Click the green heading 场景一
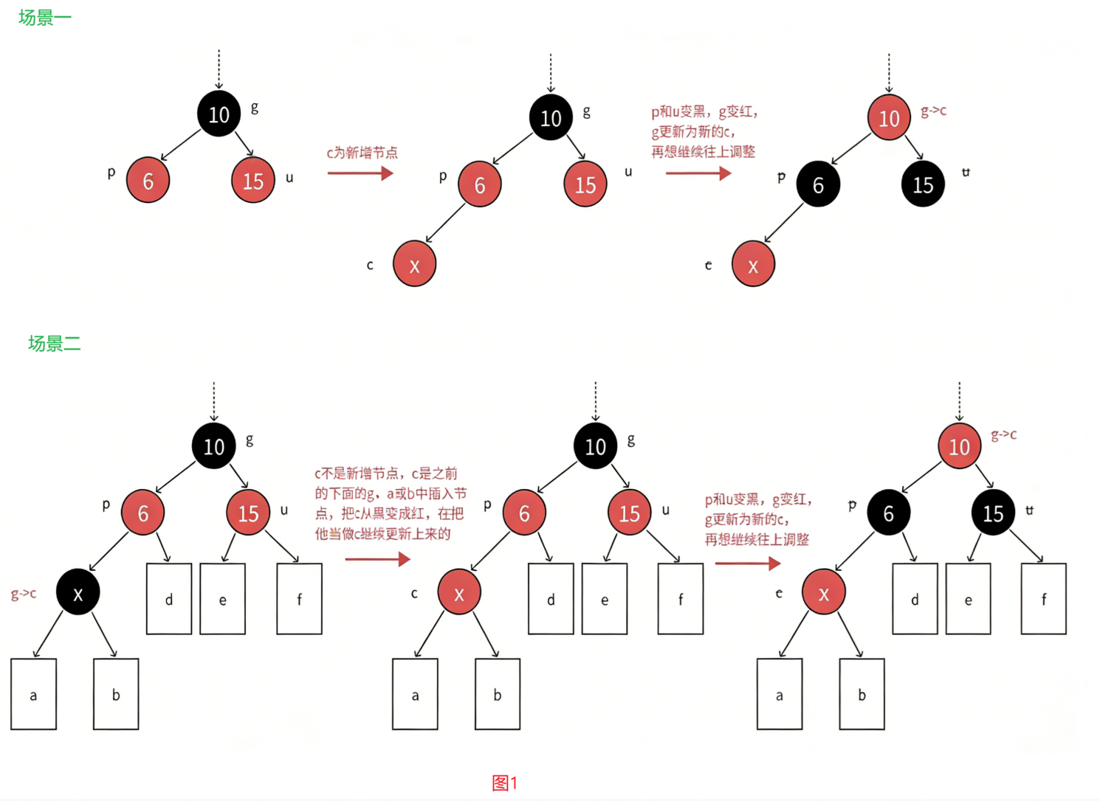tap(45, 18)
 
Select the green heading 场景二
tap(54, 343)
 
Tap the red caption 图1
tap(505, 783)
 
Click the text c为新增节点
tap(362, 153)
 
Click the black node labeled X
tap(78, 592)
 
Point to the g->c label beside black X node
tap(24, 593)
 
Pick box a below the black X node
tap(33, 694)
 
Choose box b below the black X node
tap(116, 694)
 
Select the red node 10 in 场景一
tap(889, 117)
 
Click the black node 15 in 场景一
tap(923, 184)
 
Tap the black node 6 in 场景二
tap(888, 513)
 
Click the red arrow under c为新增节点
tap(360, 173)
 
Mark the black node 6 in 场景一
tap(818, 184)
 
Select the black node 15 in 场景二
tap(993, 513)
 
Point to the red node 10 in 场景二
tap(959, 445)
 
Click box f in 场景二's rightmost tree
tap(1043, 599)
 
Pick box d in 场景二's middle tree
tap(551, 599)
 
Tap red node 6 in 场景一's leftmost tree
tap(148, 181)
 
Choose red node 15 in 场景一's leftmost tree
tap(253, 181)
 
